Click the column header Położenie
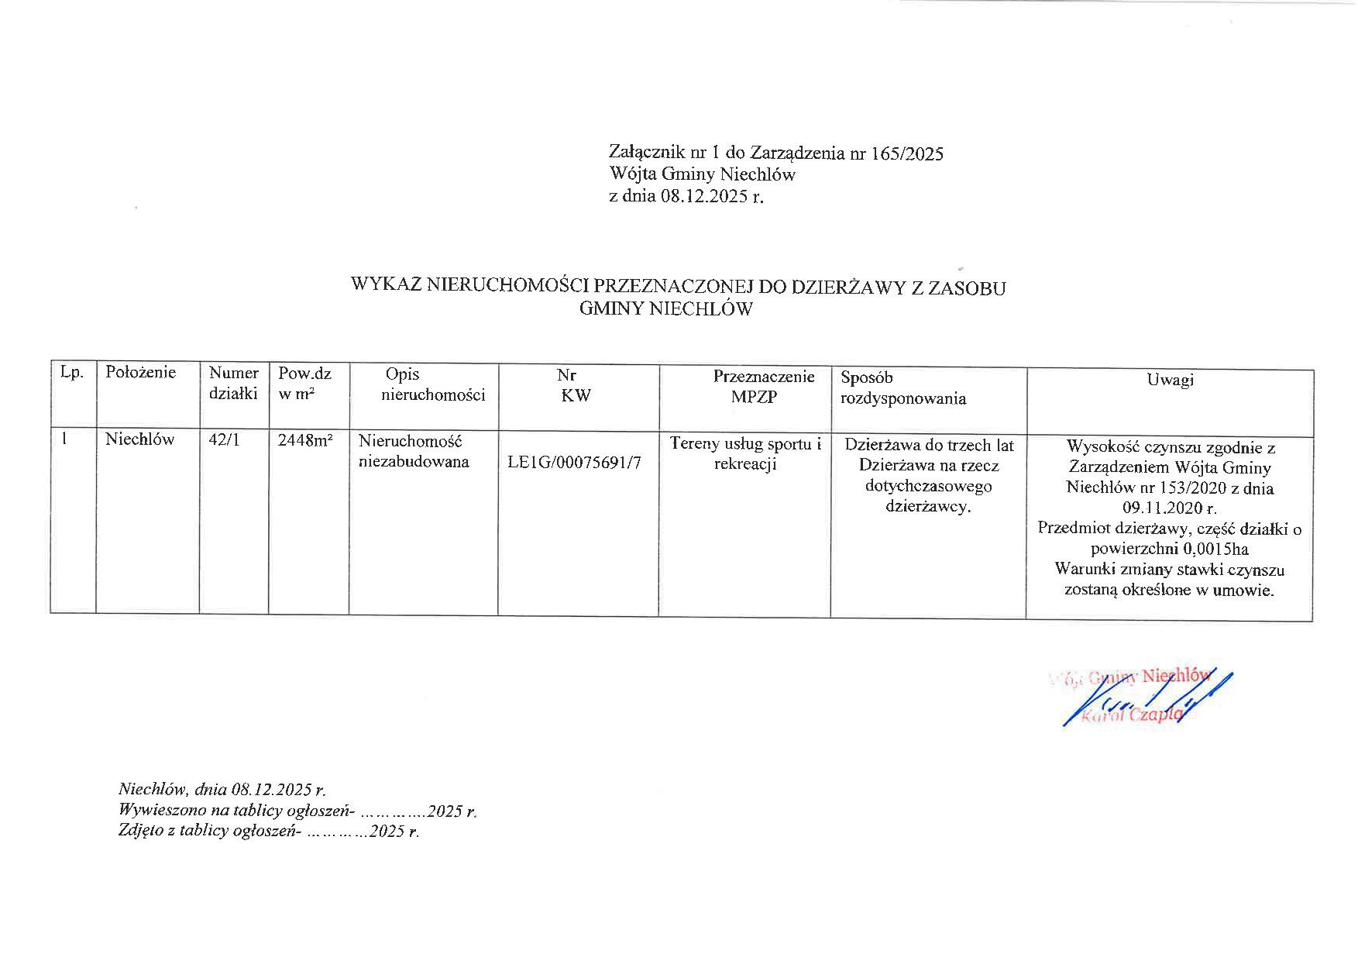140,372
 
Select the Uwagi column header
1170,379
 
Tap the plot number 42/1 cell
225,439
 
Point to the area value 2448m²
305,440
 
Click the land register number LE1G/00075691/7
574,463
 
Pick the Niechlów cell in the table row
140,439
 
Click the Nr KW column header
575,385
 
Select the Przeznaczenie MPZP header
763,387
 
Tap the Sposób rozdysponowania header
902,388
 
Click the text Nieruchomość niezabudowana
413,451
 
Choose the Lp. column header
71,372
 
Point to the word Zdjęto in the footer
140,832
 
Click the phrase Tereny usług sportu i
745,444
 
